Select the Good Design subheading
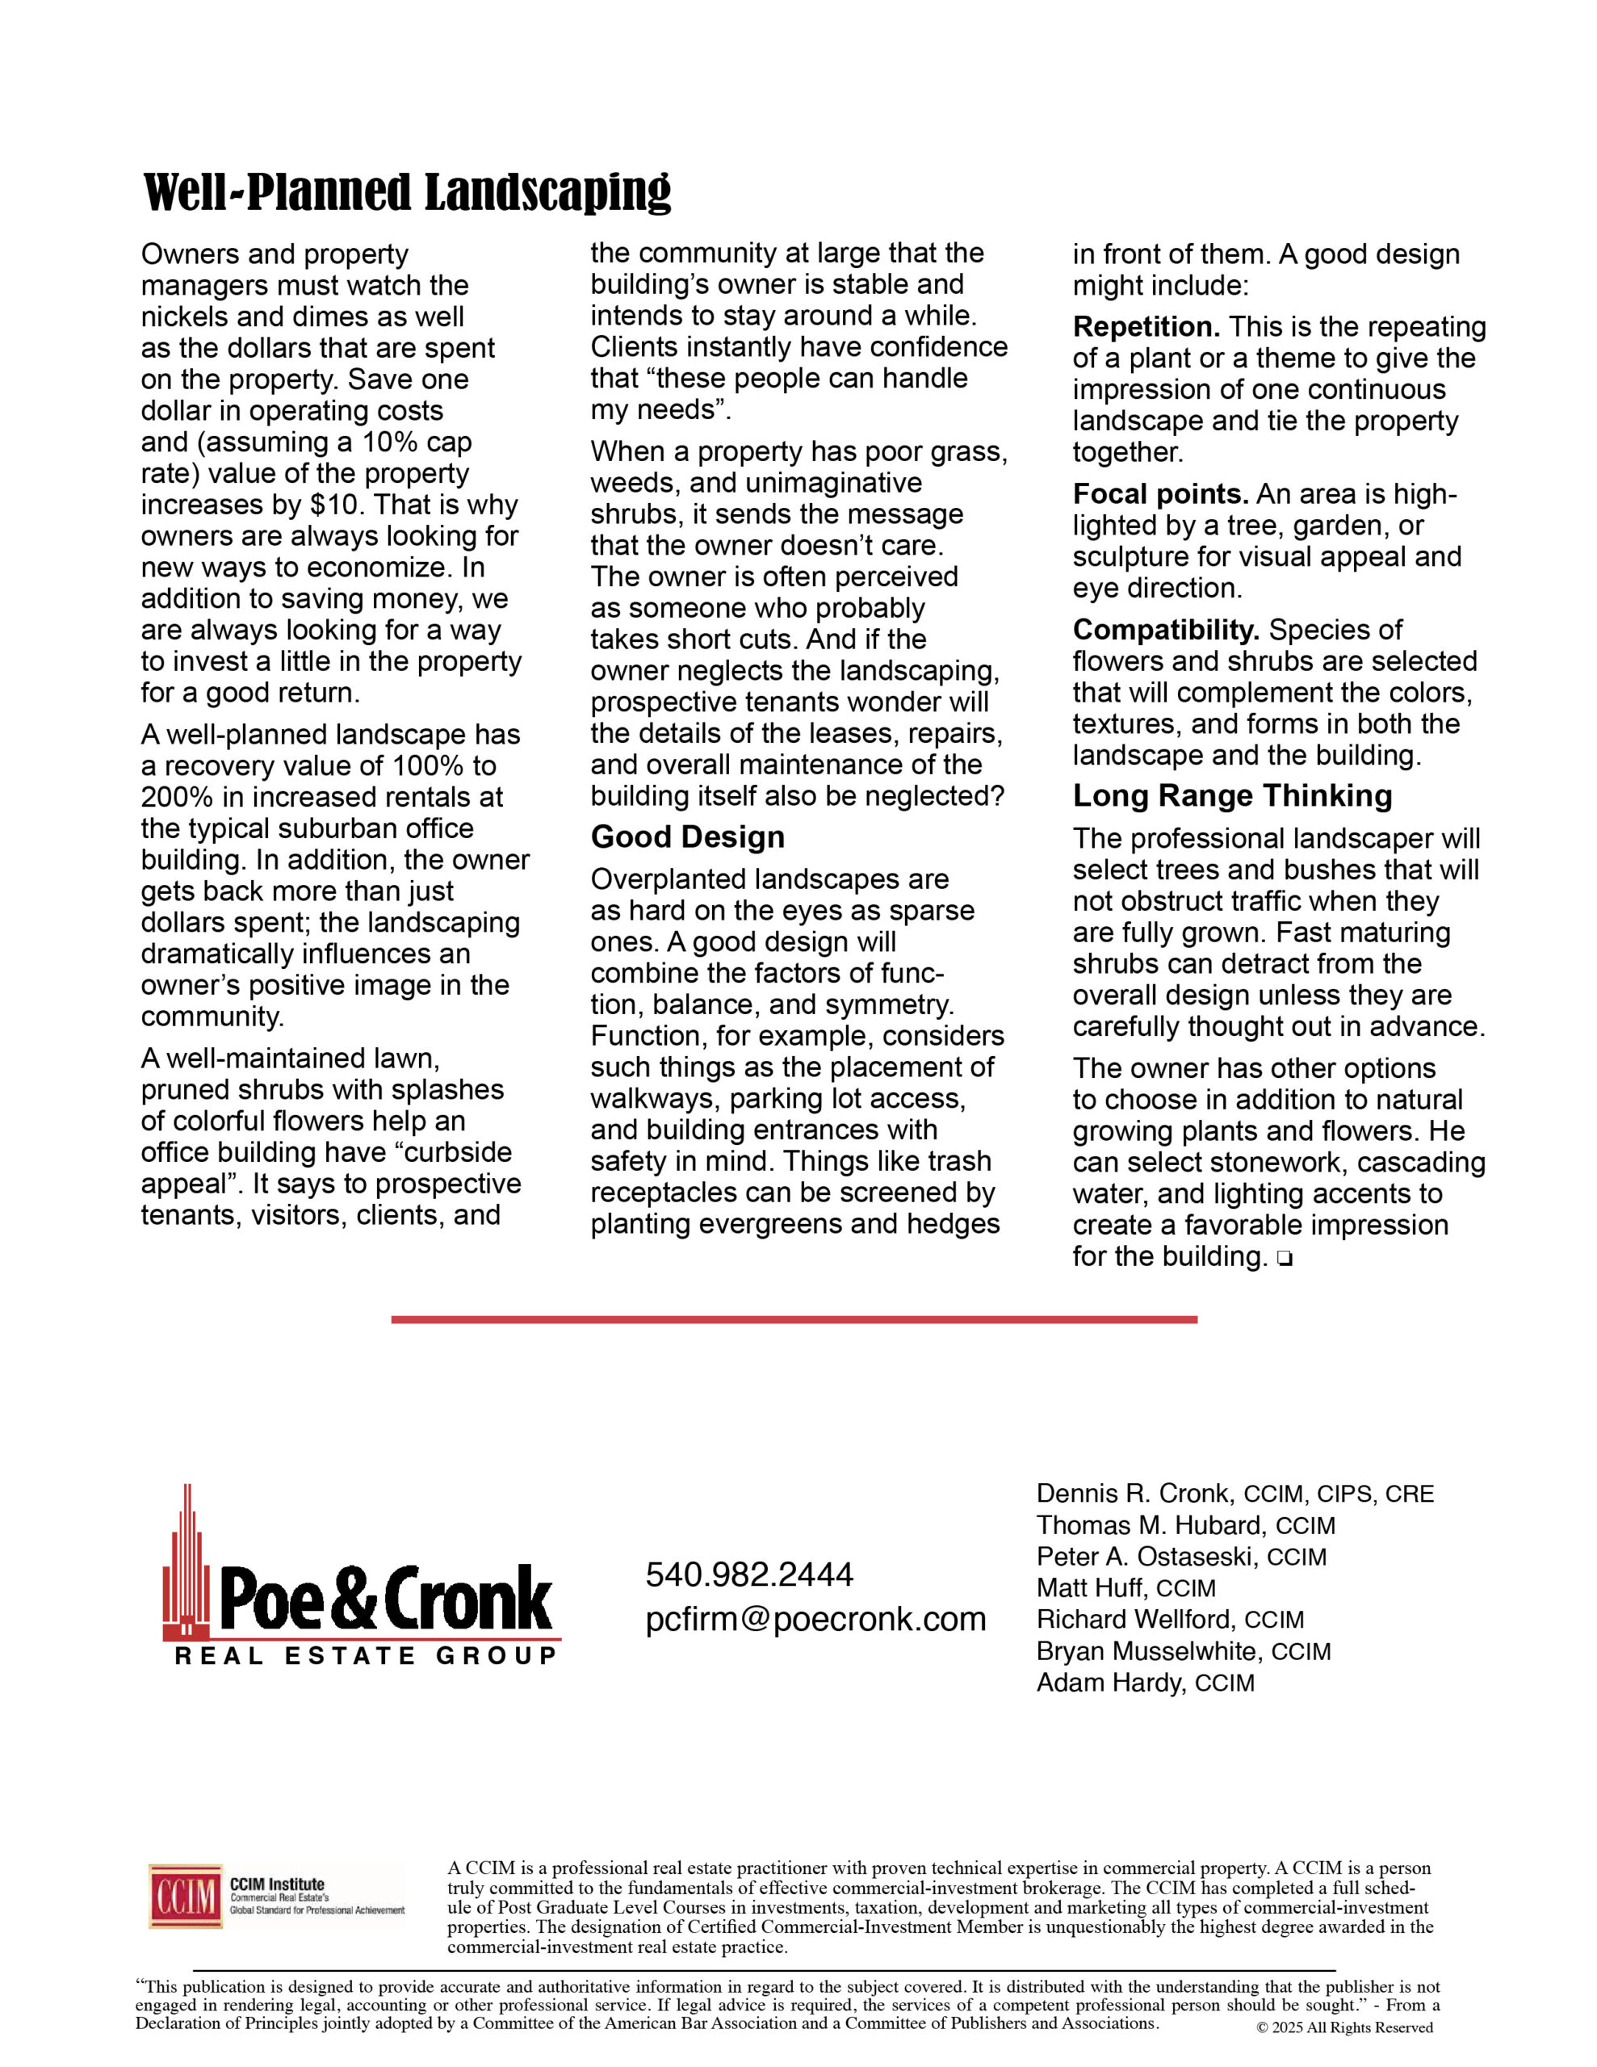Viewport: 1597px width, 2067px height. tap(687, 837)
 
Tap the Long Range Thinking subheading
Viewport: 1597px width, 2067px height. tap(1231, 796)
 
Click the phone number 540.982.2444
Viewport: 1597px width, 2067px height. tap(748, 1574)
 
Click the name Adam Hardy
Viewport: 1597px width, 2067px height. tap(1109, 1683)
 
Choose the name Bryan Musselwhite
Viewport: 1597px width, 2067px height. tap(1148, 1651)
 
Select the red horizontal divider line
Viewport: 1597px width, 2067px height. tap(794, 1319)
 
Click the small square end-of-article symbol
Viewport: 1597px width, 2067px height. tap(1284, 1259)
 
